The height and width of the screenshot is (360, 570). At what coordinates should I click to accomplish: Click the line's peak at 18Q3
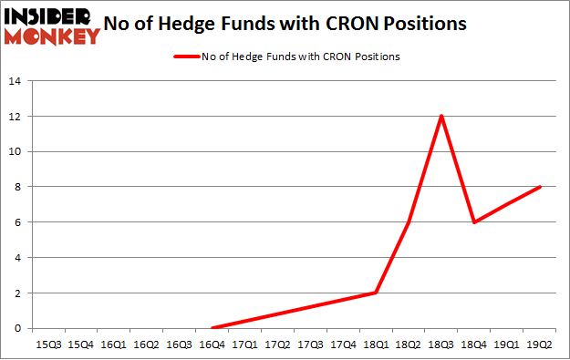tap(441, 116)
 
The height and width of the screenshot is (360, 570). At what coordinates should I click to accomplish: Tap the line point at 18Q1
tap(376, 293)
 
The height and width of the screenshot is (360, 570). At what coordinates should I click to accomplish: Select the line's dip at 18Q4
tap(474, 222)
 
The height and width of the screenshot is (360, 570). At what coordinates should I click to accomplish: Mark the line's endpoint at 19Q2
tap(540, 187)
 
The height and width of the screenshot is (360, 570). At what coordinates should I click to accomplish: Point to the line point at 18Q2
tap(409, 222)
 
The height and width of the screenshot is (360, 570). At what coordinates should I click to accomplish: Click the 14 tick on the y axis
tap(16, 81)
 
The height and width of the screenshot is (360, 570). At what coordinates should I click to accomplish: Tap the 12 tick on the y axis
tap(16, 117)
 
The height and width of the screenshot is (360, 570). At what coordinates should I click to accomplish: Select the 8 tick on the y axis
tap(18, 187)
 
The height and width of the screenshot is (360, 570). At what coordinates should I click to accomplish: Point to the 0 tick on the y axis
tap(18, 328)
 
